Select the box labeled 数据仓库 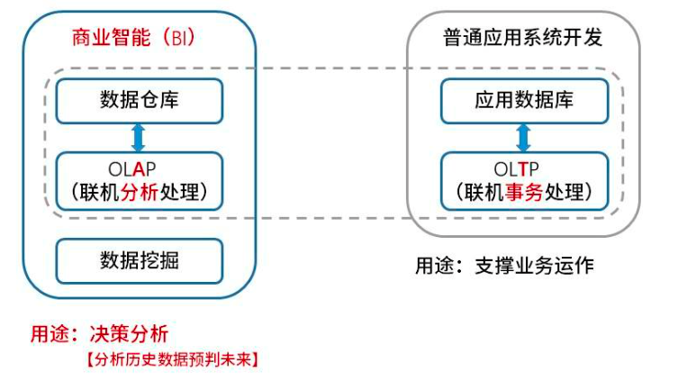[x=139, y=100]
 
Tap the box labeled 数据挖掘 [x=139, y=260]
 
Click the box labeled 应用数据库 [x=523, y=100]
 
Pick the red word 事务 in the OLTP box [x=525, y=192]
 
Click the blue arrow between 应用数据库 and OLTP [x=523, y=138]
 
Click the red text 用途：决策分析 [x=99, y=333]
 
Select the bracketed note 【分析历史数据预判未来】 [x=172, y=359]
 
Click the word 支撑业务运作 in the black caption [x=533, y=267]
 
